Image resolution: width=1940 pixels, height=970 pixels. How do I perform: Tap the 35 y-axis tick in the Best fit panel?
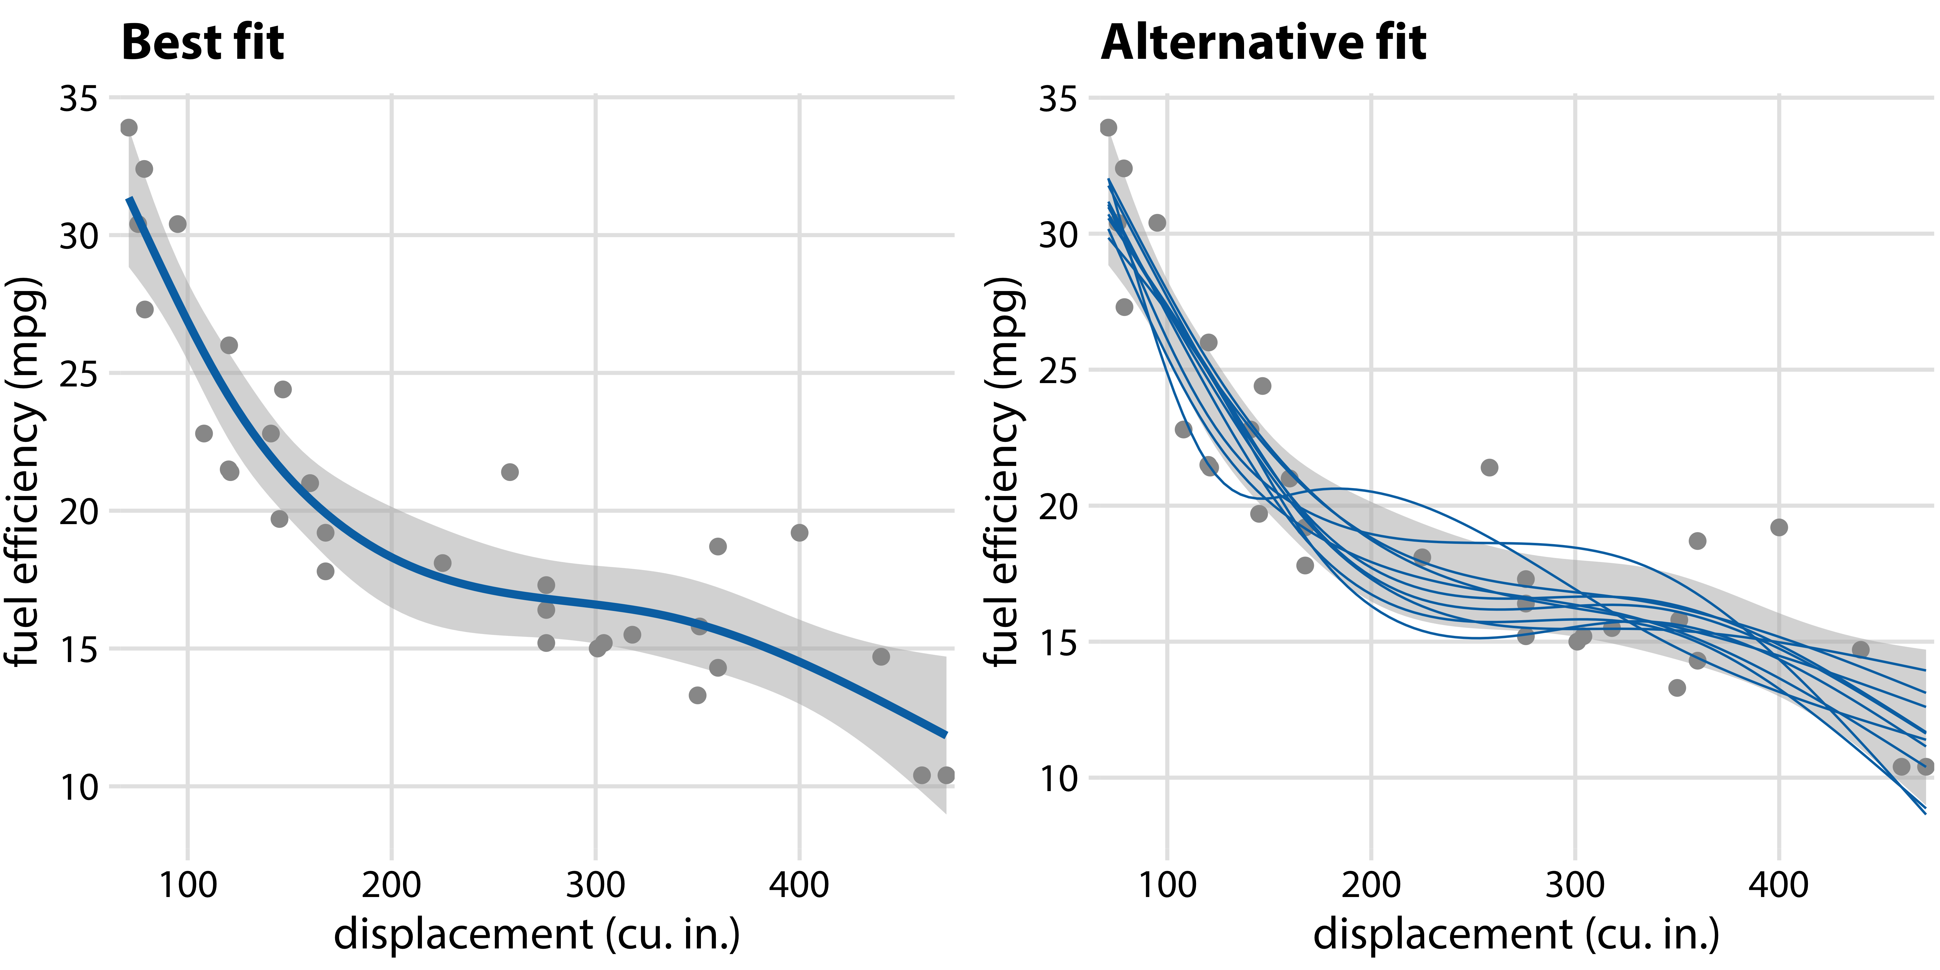(x=78, y=99)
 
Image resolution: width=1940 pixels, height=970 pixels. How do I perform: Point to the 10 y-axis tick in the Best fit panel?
(x=78, y=788)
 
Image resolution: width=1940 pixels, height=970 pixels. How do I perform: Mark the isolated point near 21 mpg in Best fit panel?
(x=510, y=472)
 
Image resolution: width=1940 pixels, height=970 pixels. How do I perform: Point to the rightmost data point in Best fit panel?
(x=946, y=775)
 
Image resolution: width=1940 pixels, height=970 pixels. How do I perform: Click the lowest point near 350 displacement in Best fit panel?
(x=697, y=695)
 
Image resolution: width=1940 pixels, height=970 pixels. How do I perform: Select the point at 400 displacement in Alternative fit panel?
(x=1779, y=527)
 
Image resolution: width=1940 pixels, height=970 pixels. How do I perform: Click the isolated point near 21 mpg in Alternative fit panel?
(x=1489, y=468)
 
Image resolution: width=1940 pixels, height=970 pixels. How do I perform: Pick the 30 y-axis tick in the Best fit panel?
(x=78, y=236)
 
